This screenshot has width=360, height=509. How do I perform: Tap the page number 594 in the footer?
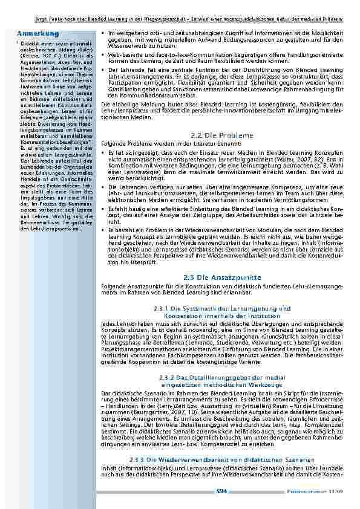tap(221, 492)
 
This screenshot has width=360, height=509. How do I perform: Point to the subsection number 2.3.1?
tap(163, 309)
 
